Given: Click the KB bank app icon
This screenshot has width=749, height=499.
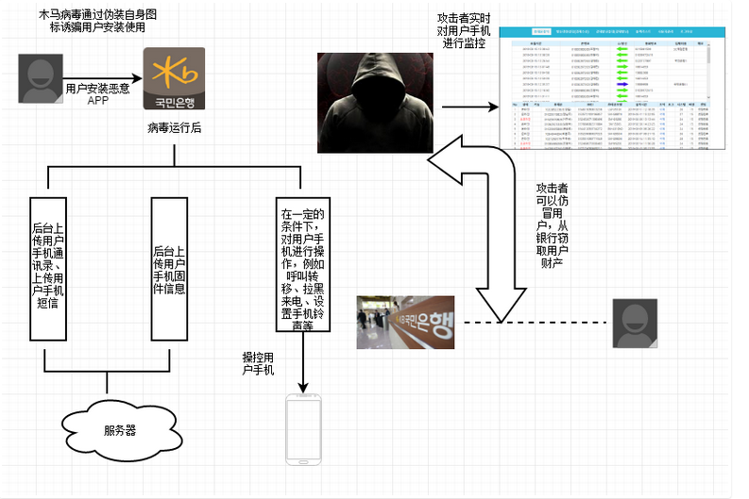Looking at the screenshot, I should point(175,79).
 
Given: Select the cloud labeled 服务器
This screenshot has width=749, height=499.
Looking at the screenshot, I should point(119,430).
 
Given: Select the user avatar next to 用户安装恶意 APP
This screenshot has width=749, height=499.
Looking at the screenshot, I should point(41,80).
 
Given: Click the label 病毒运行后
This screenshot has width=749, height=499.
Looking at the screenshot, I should point(175,127).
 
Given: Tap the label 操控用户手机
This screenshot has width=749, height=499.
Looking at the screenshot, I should point(258,363).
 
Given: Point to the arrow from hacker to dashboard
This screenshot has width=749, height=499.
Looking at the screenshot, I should point(469,108).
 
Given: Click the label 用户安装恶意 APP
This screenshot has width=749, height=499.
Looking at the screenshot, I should point(98,93).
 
